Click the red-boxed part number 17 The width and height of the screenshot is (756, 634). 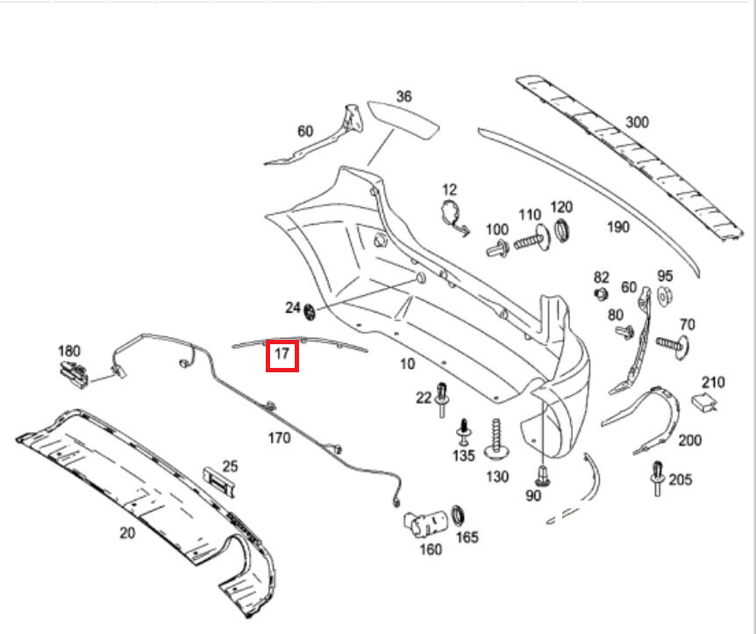(x=282, y=355)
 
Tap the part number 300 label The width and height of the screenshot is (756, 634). (x=637, y=122)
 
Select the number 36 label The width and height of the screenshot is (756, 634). (x=403, y=97)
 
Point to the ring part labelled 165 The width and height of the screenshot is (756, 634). (x=458, y=514)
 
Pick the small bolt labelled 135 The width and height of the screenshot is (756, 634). (x=463, y=431)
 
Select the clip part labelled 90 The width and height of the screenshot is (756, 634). (x=544, y=475)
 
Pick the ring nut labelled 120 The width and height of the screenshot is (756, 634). (x=561, y=231)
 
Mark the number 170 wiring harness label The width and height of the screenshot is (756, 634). (x=278, y=437)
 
